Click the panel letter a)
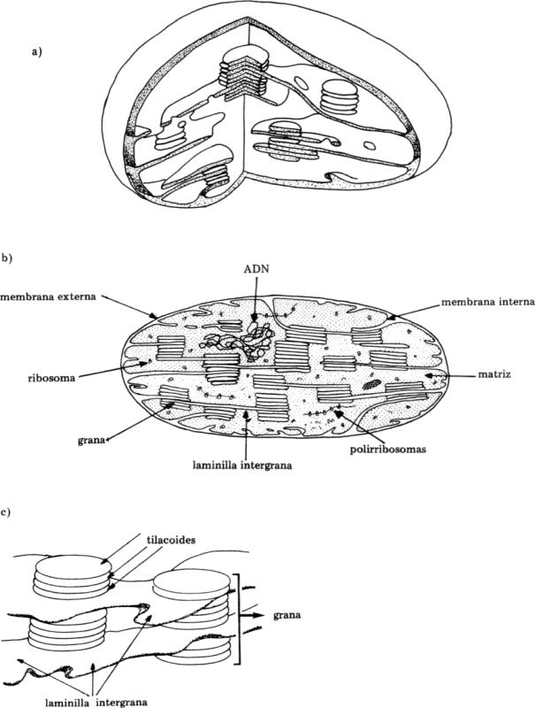tap(36, 51)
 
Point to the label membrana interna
tap(488, 301)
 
